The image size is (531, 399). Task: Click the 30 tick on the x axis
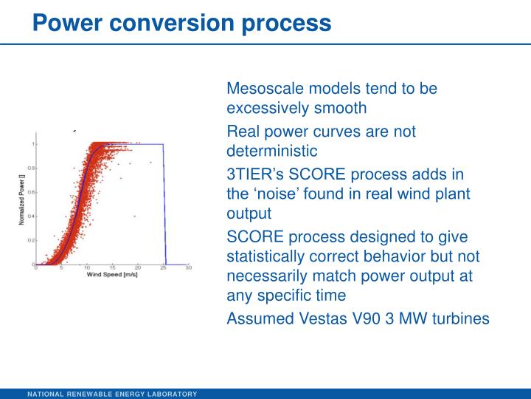(189, 268)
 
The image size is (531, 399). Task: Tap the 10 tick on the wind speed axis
(87, 268)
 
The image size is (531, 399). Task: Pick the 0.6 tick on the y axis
(31, 192)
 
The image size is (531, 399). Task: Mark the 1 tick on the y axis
(32, 143)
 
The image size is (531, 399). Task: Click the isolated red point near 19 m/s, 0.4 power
(134, 216)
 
